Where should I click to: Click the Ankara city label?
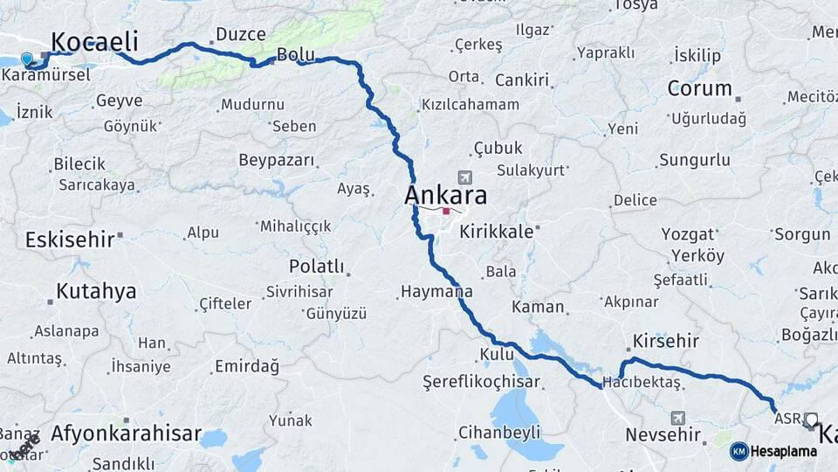[x=445, y=194]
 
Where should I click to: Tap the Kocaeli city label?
[x=94, y=42]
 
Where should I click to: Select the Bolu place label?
[x=295, y=54]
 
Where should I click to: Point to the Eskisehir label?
[x=69, y=239]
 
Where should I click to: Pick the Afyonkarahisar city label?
[x=126, y=433]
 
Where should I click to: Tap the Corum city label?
[x=699, y=88]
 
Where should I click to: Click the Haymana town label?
[x=436, y=292]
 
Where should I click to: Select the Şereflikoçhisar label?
[x=481, y=382]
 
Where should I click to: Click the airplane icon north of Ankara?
[x=462, y=177]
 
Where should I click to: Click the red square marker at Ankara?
[x=446, y=211]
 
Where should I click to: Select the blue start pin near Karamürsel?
[x=27, y=59]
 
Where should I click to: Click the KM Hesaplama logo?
[x=773, y=451]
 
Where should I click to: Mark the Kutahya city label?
[x=96, y=291]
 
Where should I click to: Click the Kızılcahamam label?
[x=470, y=105]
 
